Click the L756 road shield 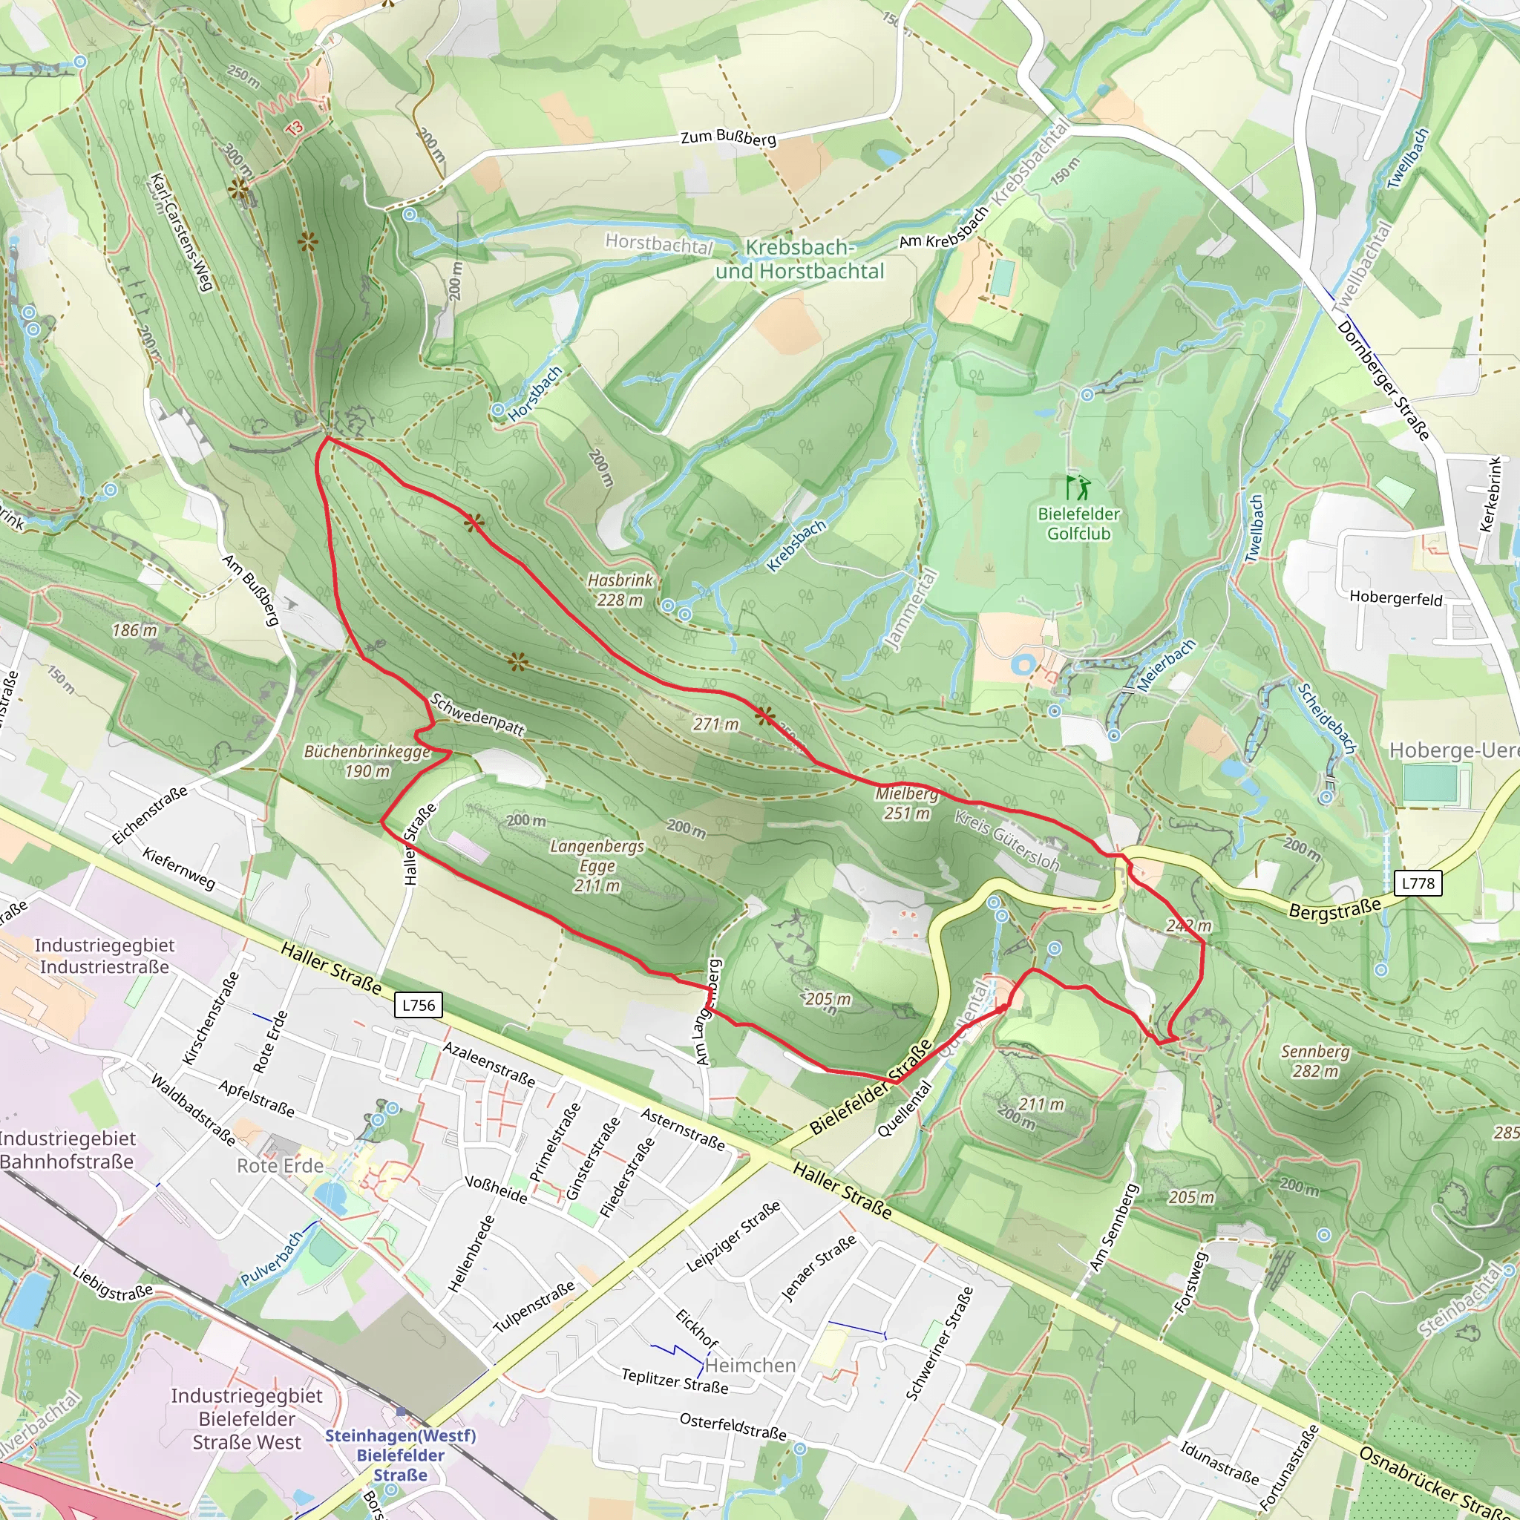(x=418, y=1005)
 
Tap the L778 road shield (x=1418, y=882)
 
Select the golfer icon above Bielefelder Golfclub (x=1078, y=488)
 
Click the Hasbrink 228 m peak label (x=620, y=590)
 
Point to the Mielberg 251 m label (x=907, y=803)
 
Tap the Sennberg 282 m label (x=1314, y=1061)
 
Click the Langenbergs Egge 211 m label (x=597, y=865)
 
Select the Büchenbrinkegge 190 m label (x=367, y=761)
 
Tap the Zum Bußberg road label (x=728, y=138)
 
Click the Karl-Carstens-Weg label (x=181, y=232)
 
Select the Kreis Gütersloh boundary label (x=1007, y=839)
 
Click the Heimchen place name (x=750, y=1365)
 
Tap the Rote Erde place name (x=280, y=1165)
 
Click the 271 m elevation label (x=715, y=724)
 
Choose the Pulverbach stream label (x=272, y=1258)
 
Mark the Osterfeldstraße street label (x=733, y=1426)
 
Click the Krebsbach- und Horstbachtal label (x=799, y=259)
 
